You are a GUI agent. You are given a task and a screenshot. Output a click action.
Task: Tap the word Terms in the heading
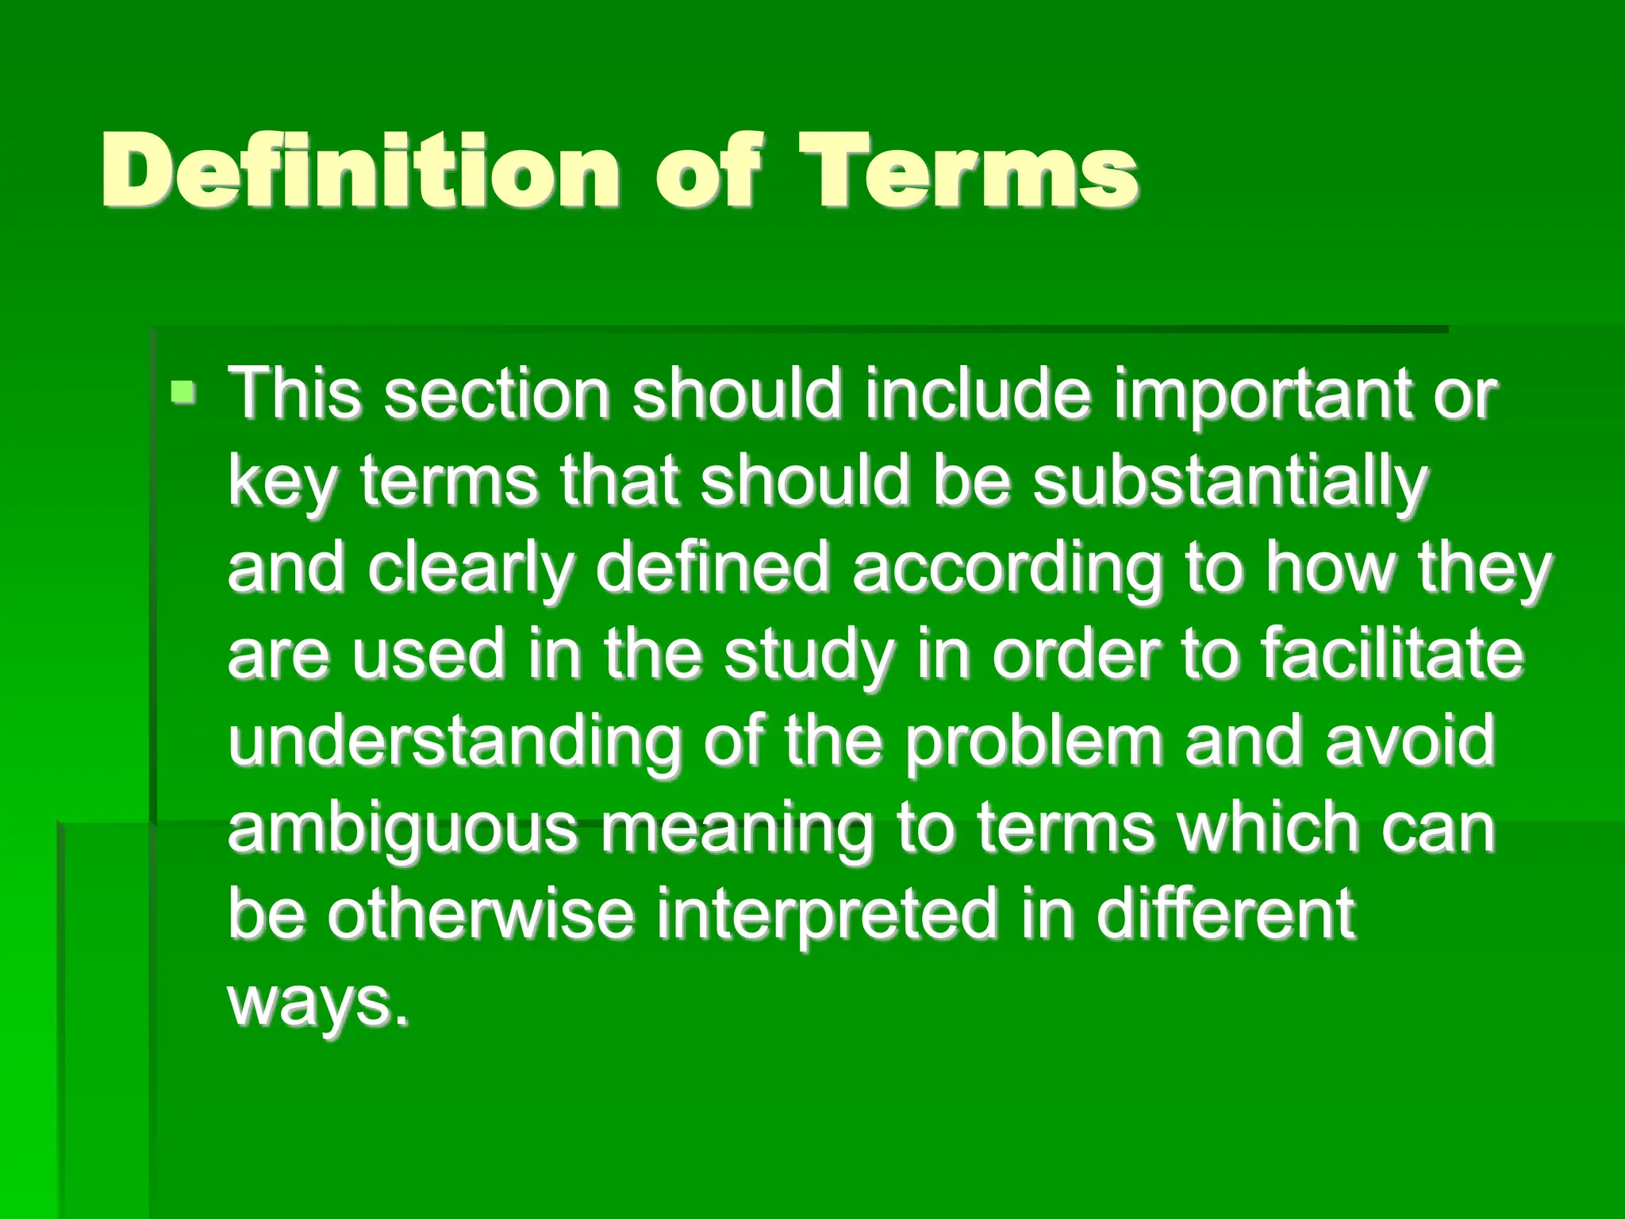(967, 170)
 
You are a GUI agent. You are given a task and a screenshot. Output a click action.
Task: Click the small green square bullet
(184, 391)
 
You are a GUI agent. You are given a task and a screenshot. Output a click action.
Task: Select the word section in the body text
(497, 394)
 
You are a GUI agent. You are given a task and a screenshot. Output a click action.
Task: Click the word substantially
(1230, 483)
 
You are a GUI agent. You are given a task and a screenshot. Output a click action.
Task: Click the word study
(809, 656)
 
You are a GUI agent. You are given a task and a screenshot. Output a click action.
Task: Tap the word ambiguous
(403, 829)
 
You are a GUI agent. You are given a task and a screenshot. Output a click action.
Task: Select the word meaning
(736, 830)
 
